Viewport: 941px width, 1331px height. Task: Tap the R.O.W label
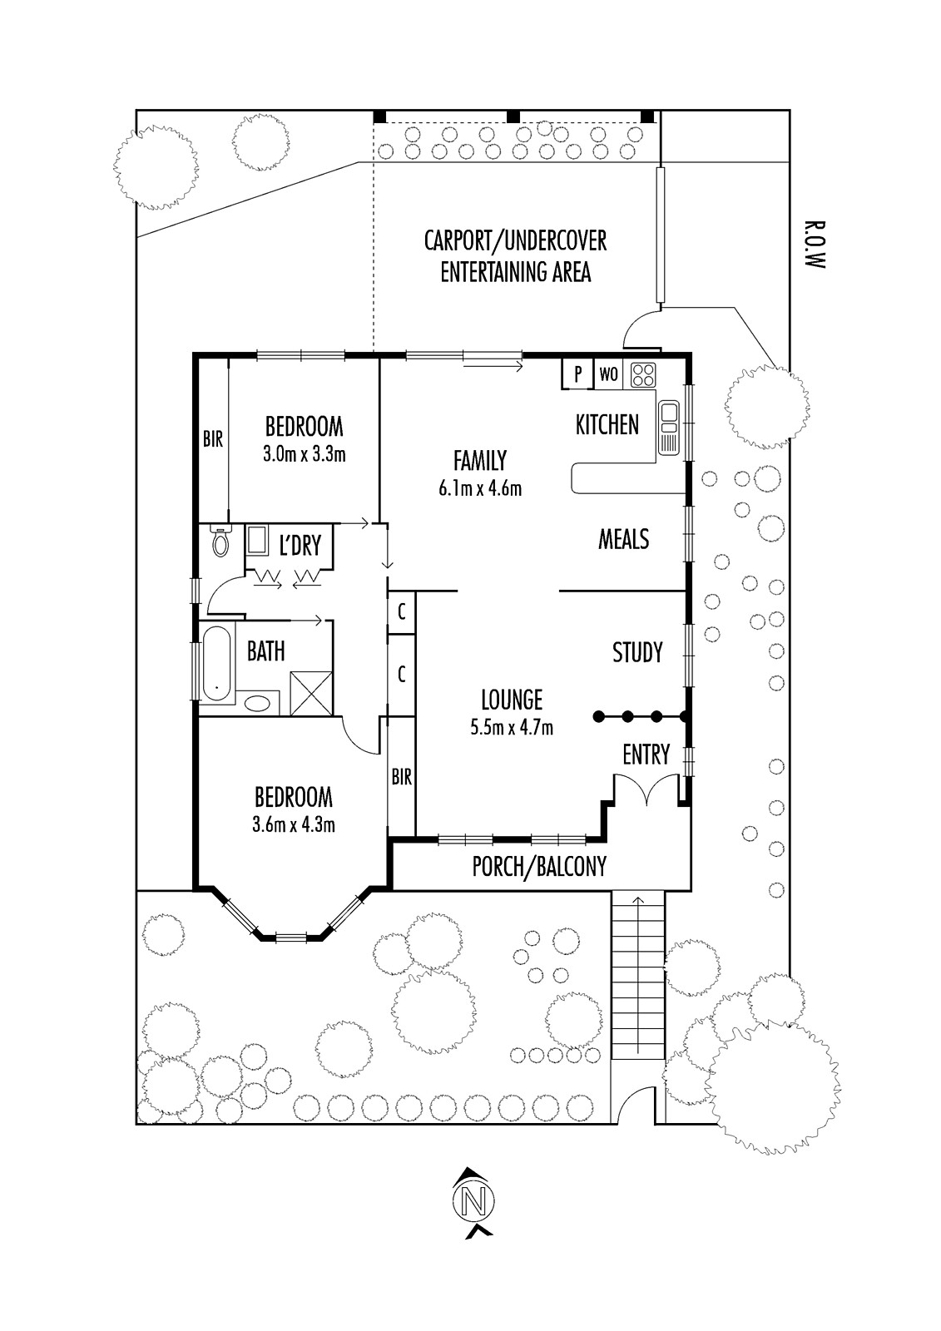coord(814,245)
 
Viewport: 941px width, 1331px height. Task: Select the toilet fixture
coord(220,540)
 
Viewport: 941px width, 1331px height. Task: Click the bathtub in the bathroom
coord(216,664)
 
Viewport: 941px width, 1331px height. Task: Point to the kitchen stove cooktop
coord(643,374)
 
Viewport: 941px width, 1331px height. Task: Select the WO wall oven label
coord(608,374)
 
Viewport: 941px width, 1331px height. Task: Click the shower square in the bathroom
coord(311,693)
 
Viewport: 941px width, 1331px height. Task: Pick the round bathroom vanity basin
coord(257,704)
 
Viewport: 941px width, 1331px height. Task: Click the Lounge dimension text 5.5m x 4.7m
coord(512,727)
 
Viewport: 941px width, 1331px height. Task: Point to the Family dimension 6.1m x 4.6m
coord(480,488)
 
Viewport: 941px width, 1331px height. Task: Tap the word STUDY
coord(637,652)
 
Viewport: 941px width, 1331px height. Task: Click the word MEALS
coord(623,540)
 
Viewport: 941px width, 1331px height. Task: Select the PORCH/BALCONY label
coord(539,867)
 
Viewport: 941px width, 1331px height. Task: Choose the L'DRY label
coord(300,545)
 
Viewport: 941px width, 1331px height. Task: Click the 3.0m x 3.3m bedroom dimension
coord(305,454)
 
